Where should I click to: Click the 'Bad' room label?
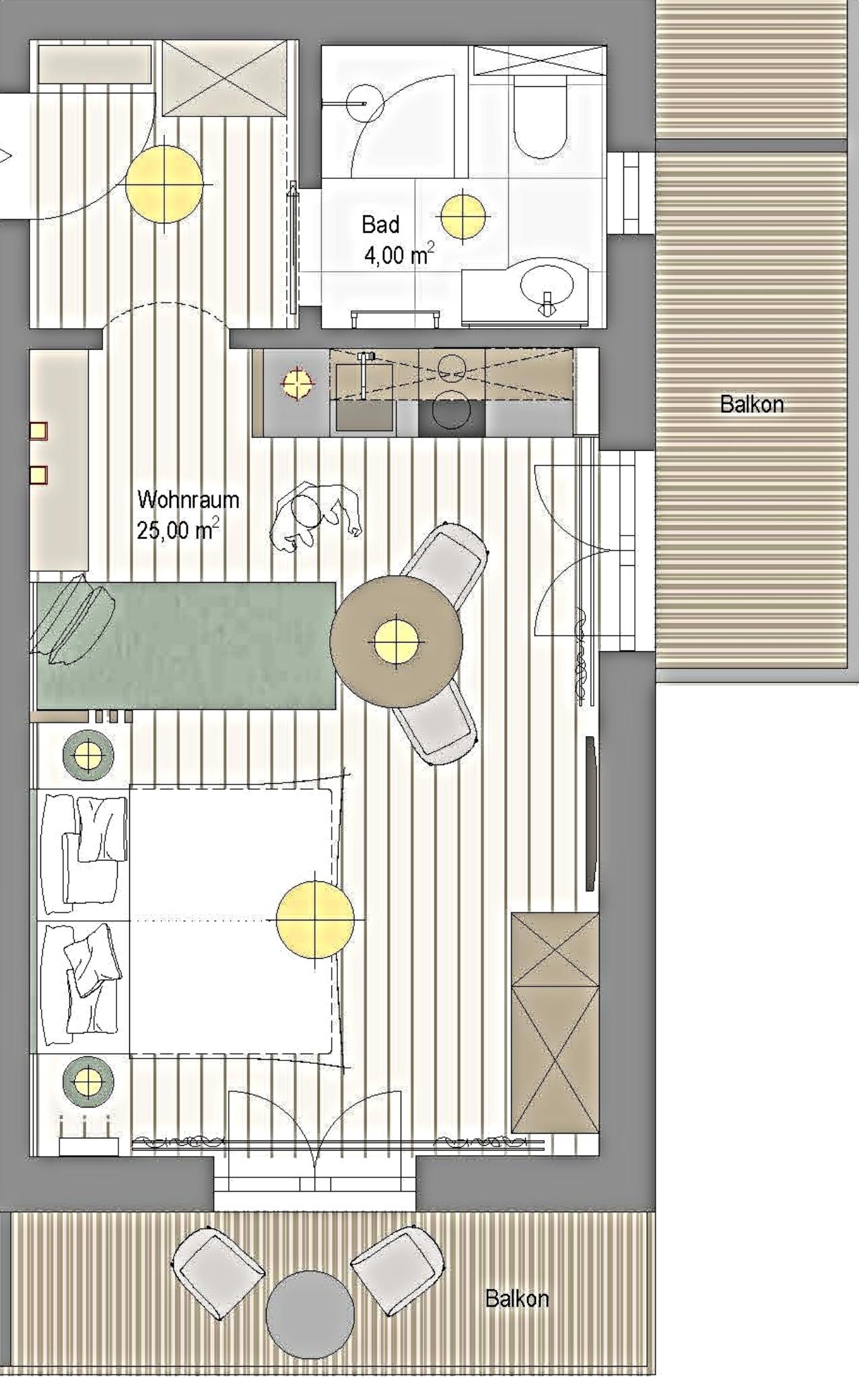tap(380, 224)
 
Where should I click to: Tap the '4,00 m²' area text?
tap(399, 254)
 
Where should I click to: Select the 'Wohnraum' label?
tap(188, 499)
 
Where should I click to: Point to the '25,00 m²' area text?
tap(178, 530)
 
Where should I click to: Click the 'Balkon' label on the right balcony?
tap(751, 404)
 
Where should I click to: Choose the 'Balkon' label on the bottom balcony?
tap(516, 1298)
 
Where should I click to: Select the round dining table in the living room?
tap(397, 641)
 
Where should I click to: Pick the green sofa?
tap(185, 645)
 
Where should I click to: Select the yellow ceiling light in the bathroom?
tap(462, 216)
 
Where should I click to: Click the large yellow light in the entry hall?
tap(164, 184)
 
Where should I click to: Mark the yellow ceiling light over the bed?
tap(315, 919)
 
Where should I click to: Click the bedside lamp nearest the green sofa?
tap(88, 756)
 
